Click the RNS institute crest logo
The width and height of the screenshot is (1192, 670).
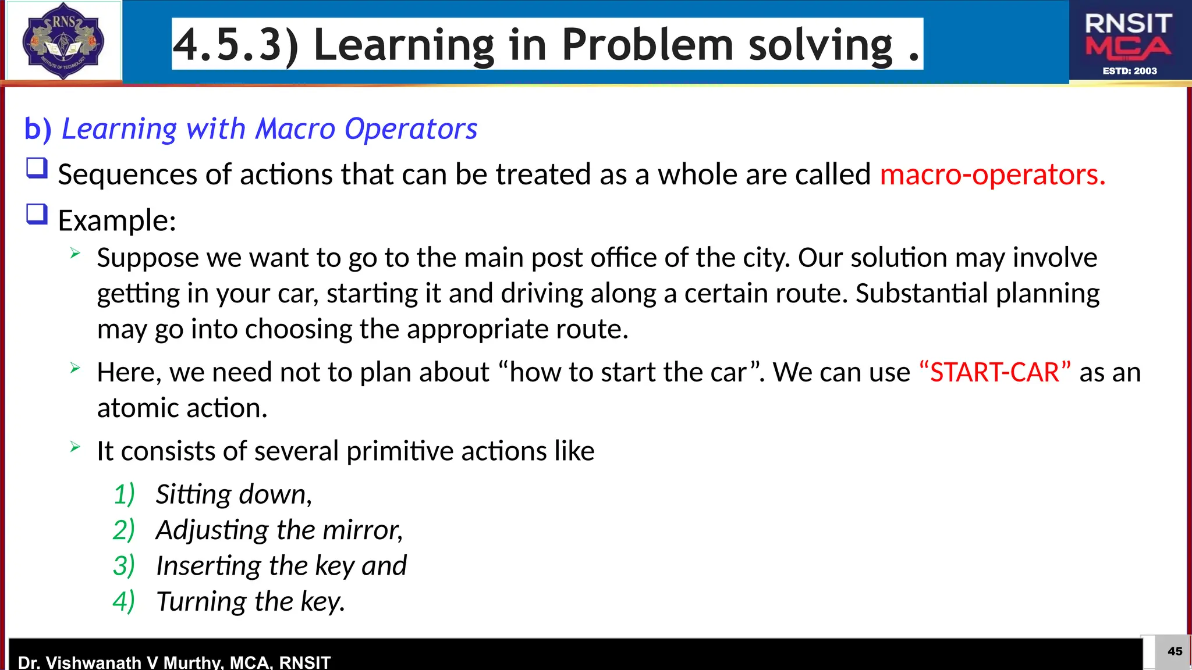tap(63, 41)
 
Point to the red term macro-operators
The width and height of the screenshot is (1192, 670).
tap(992, 174)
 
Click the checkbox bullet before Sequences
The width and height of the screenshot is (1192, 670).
tap(37, 169)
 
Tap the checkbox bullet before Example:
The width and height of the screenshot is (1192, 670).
tap(37, 214)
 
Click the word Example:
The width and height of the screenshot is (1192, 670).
tap(117, 220)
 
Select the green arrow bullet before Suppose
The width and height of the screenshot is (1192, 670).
tap(75, 253)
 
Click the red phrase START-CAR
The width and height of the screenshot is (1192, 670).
tap(995, 372)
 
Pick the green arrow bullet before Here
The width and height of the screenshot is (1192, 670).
tap(75, 368)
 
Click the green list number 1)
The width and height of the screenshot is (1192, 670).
tap(124, 494)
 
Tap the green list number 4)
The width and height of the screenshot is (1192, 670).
tap(124, 601)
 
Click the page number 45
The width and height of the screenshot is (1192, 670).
tap(1175, 651)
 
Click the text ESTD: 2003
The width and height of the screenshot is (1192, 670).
tap(1129, 71)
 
